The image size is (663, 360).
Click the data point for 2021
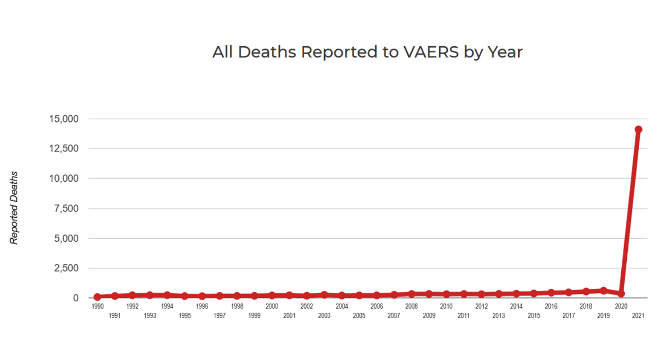(638, 129)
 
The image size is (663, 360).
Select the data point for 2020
(621, 294)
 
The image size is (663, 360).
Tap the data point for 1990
(97, 297)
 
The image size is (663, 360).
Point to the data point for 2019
(603, 291)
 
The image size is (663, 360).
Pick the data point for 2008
(412, 294)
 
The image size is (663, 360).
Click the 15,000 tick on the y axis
(64, 119)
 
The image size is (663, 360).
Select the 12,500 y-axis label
(64, 149)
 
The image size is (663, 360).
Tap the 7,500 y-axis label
(66, 209)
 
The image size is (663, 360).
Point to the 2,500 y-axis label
(66, 268)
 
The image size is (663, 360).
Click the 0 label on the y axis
(76, 298)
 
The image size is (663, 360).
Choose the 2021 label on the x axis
(638, 316)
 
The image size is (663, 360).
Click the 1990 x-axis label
(97, 306)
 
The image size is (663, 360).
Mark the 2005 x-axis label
(359, 316)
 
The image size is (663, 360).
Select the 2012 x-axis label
(481, 306)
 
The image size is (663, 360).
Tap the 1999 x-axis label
(254, 316)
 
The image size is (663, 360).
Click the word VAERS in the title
(431, 52)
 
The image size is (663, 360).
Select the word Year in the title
(505, 52)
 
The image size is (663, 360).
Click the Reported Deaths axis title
(14, 208)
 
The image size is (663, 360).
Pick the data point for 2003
(324, 294)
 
